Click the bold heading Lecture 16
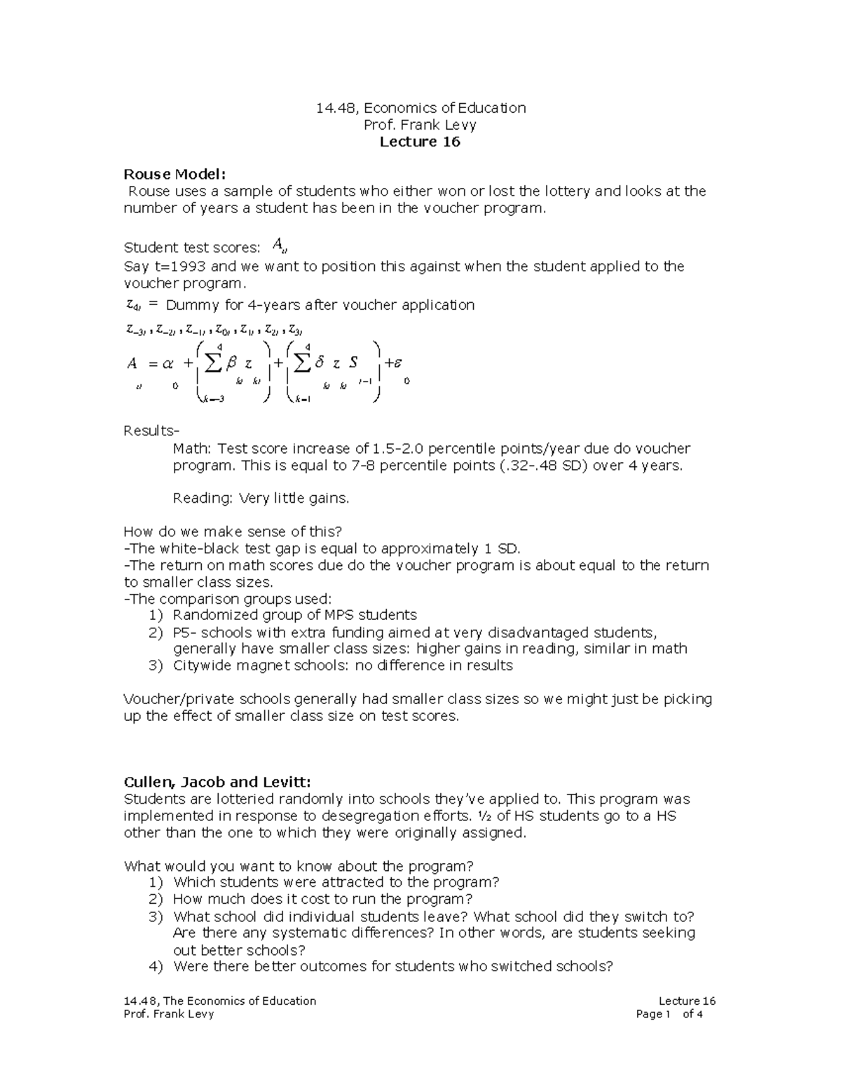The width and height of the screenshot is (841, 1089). click(x=420, y=142)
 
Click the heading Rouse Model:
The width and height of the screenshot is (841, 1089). click(x=175, y=174)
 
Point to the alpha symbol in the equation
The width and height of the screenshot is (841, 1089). click(x=167, y=363)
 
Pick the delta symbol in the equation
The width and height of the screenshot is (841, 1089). click(x=320, y=363)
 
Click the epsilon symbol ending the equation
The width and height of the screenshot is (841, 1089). click(x=397, y=363)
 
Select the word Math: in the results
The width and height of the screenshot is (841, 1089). click(x=193, y=448)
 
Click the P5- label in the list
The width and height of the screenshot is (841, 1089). click(x=185, y=632)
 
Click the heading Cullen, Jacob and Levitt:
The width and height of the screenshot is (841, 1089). click(x=217, y=782)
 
